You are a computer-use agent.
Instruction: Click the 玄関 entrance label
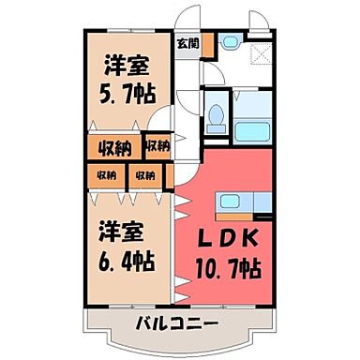pos(187,42)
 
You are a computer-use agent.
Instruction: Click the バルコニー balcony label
pos(177,324)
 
